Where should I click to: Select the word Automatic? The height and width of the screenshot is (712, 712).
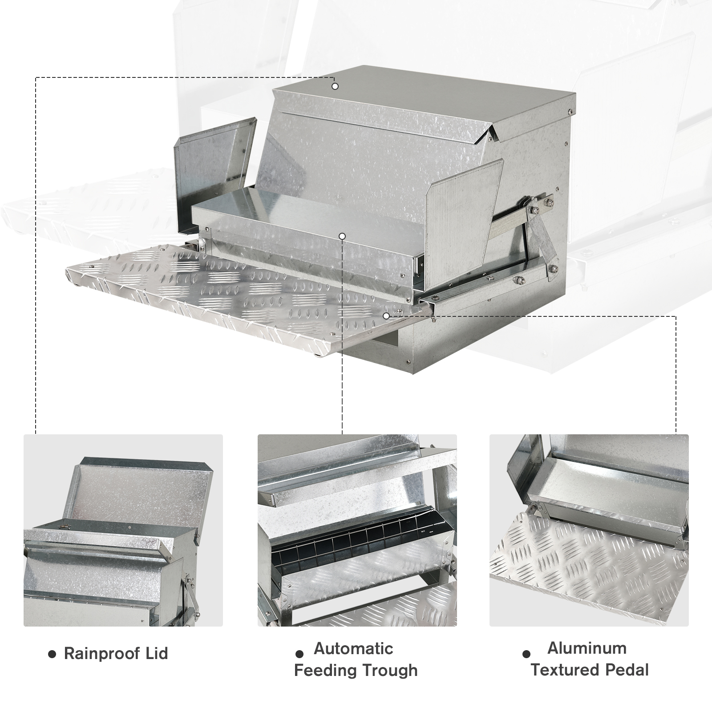point(354,648)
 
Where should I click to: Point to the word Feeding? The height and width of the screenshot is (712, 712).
point(326,670)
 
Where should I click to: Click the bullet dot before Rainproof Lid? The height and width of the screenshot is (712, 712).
point(52,654)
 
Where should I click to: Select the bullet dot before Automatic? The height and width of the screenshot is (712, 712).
point(299,654)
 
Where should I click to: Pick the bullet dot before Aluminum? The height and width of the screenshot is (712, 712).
point(527,654)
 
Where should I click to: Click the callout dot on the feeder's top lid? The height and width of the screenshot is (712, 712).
point(335,86)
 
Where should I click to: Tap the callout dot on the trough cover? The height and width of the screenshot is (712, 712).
point(342,236)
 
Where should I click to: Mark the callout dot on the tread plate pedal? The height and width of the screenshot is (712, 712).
point(386,316)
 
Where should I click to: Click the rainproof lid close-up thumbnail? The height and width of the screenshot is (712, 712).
point(123,530)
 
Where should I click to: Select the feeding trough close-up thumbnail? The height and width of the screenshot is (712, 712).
point(357,530)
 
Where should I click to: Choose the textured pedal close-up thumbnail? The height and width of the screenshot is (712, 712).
point(589,530)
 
